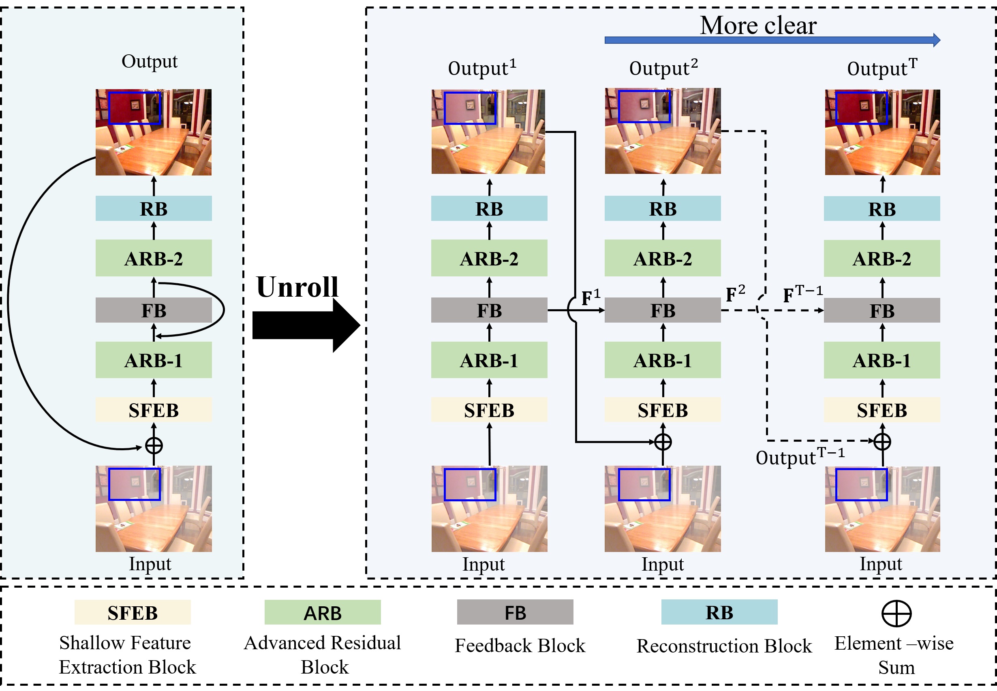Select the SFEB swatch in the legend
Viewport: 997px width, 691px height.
click(x=133, y=612)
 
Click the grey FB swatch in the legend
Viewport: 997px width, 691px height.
click(x=515, y=612)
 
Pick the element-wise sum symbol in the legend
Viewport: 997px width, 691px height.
click(x=896, y=613)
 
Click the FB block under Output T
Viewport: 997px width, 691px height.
click(x=881, y=310)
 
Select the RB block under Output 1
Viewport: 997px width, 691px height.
click(x=489, y=209)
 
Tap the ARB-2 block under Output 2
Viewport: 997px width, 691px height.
click(x=662, y=259)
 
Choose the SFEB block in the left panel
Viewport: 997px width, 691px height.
click(x=154, y=410)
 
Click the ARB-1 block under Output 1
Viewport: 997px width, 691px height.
click(x=489, y=360)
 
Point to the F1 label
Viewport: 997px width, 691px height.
click(x=590, y=297)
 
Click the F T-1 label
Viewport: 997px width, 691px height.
click(x=802, y=294)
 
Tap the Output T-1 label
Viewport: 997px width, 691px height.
click(x=800, y=457)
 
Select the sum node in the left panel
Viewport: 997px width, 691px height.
click(x=154, y=445)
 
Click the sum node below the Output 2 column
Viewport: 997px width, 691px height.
click(x=662, y=442)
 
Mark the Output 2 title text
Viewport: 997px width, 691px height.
click(x=663, y=68)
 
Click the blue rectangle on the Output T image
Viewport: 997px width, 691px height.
click(x=861, y=108)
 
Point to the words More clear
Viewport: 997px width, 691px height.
click(x=758, y=25)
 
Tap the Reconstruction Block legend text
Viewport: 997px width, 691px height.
click(x=724, y=646)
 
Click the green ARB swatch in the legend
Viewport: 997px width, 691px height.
click(x=323, y=612)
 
